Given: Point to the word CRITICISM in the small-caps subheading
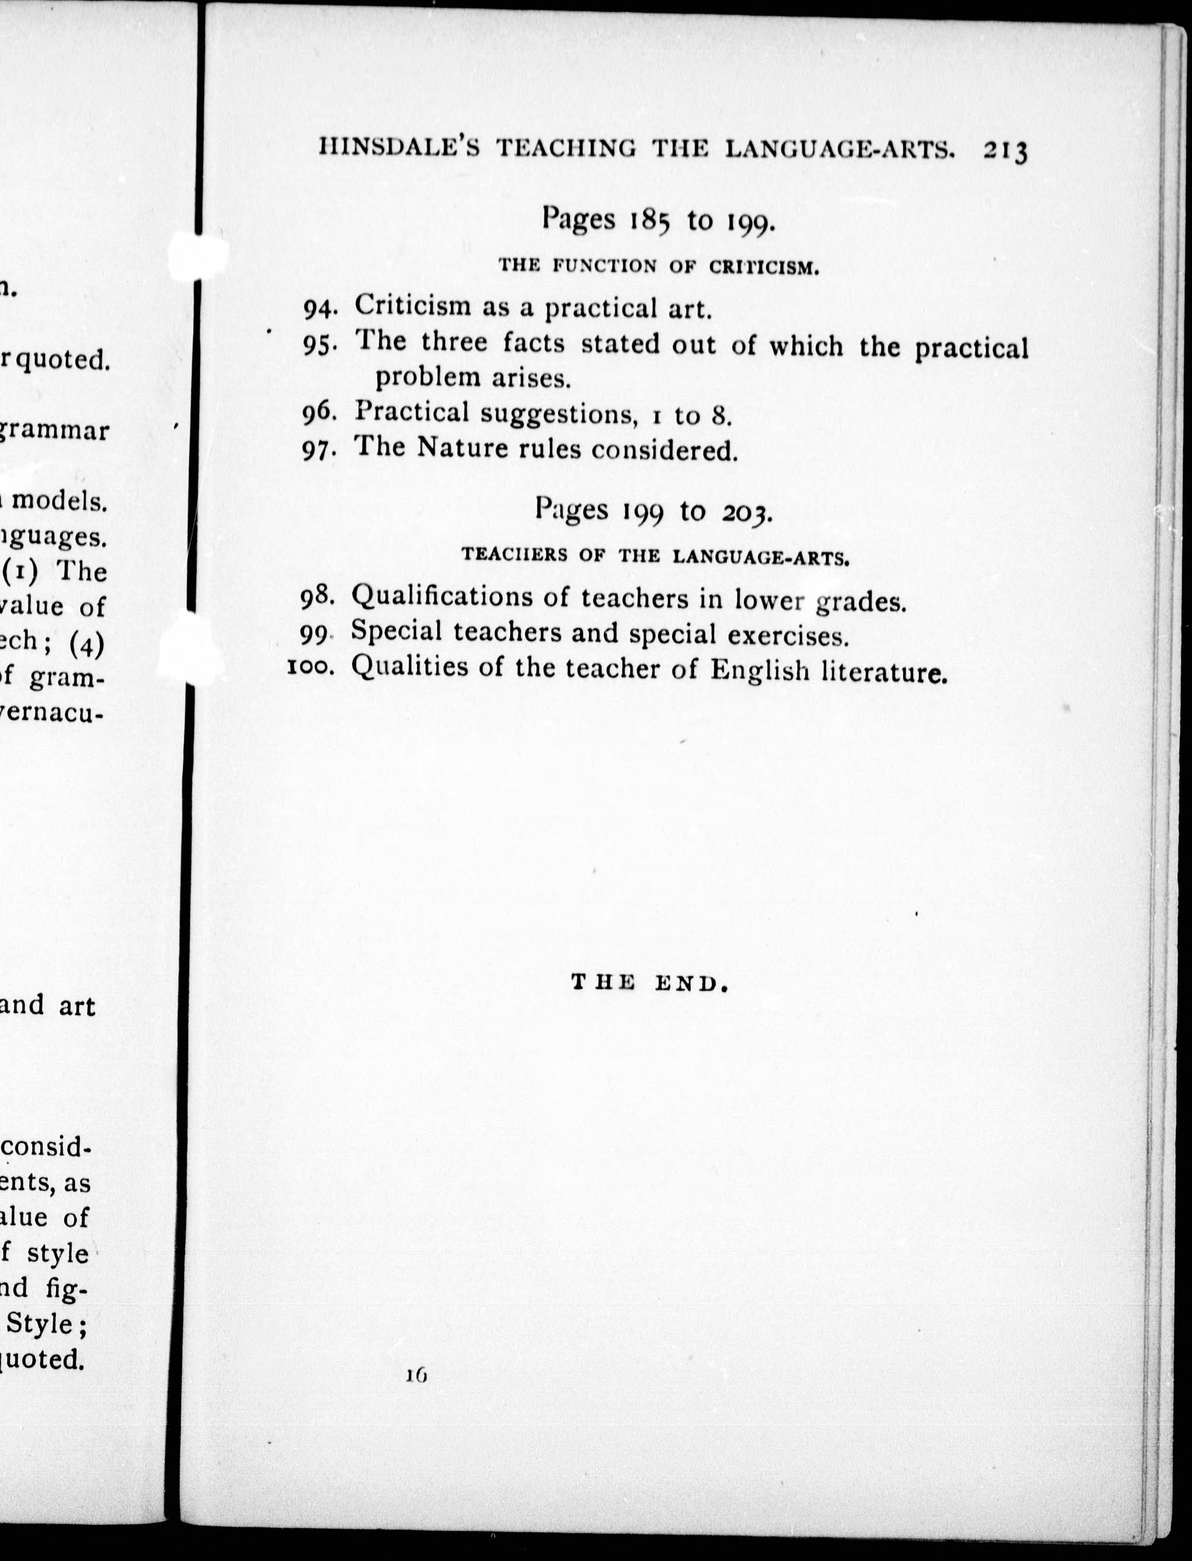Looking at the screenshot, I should click(763, 268).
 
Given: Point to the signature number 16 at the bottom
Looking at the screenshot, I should click(416, 1375).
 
